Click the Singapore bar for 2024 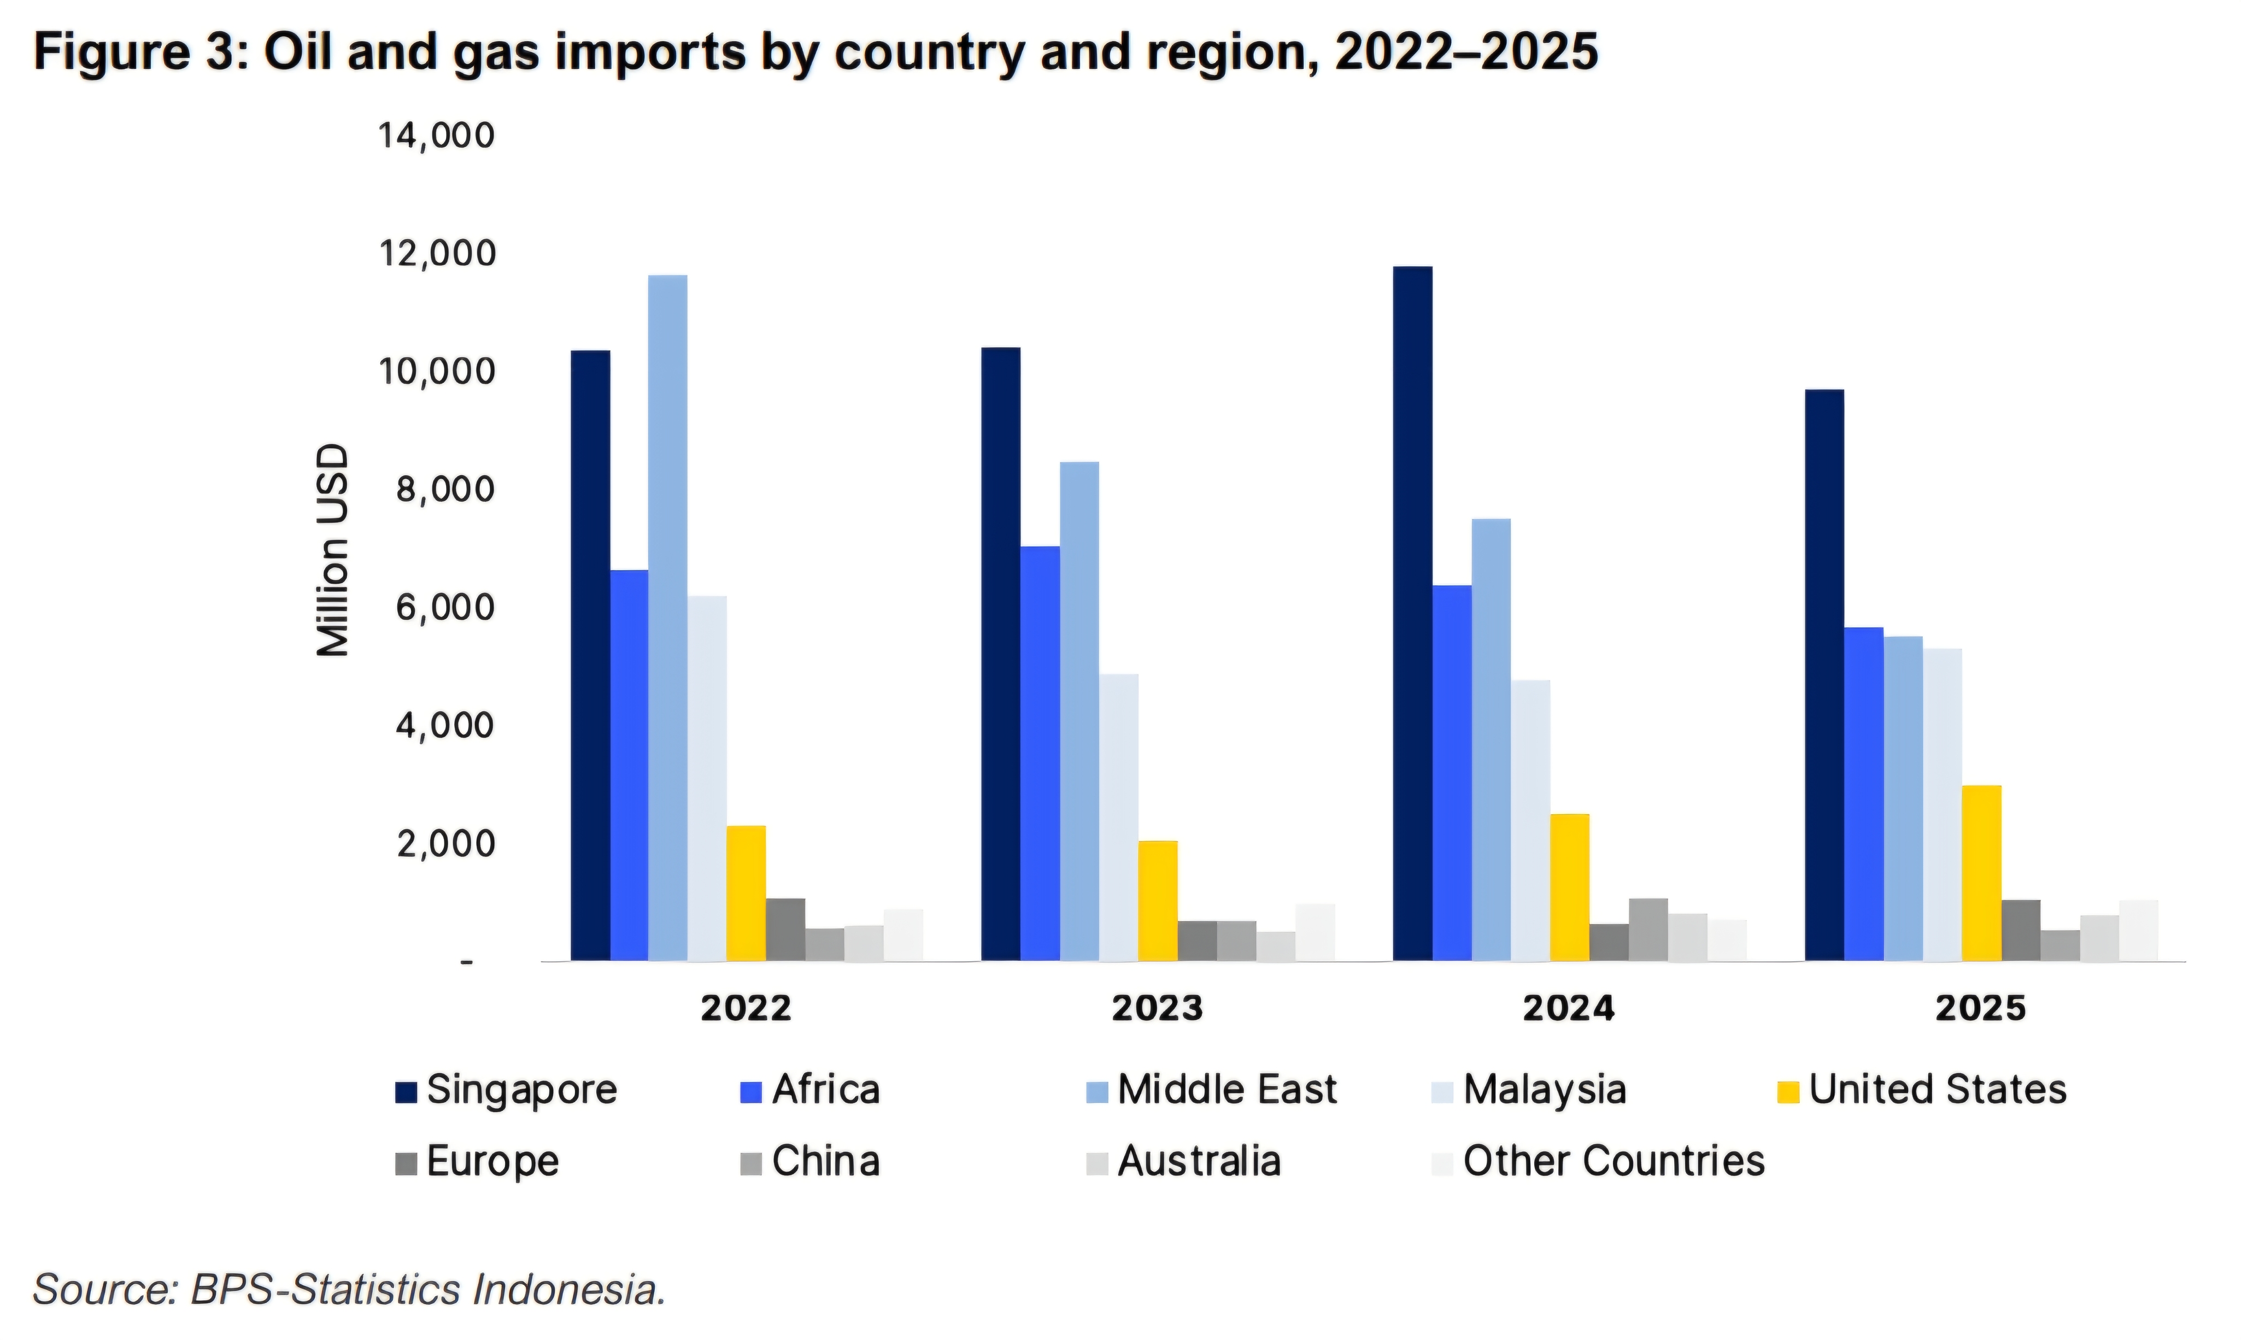pos(1412,614)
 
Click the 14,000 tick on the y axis pos(436,136)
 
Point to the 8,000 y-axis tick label pos(436,490)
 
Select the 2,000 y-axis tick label pos(436,843)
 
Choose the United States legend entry pos(1937,1090)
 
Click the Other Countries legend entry pos(1612,1161)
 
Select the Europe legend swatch pos(406,1163)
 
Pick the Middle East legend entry pos(1226,1090)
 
